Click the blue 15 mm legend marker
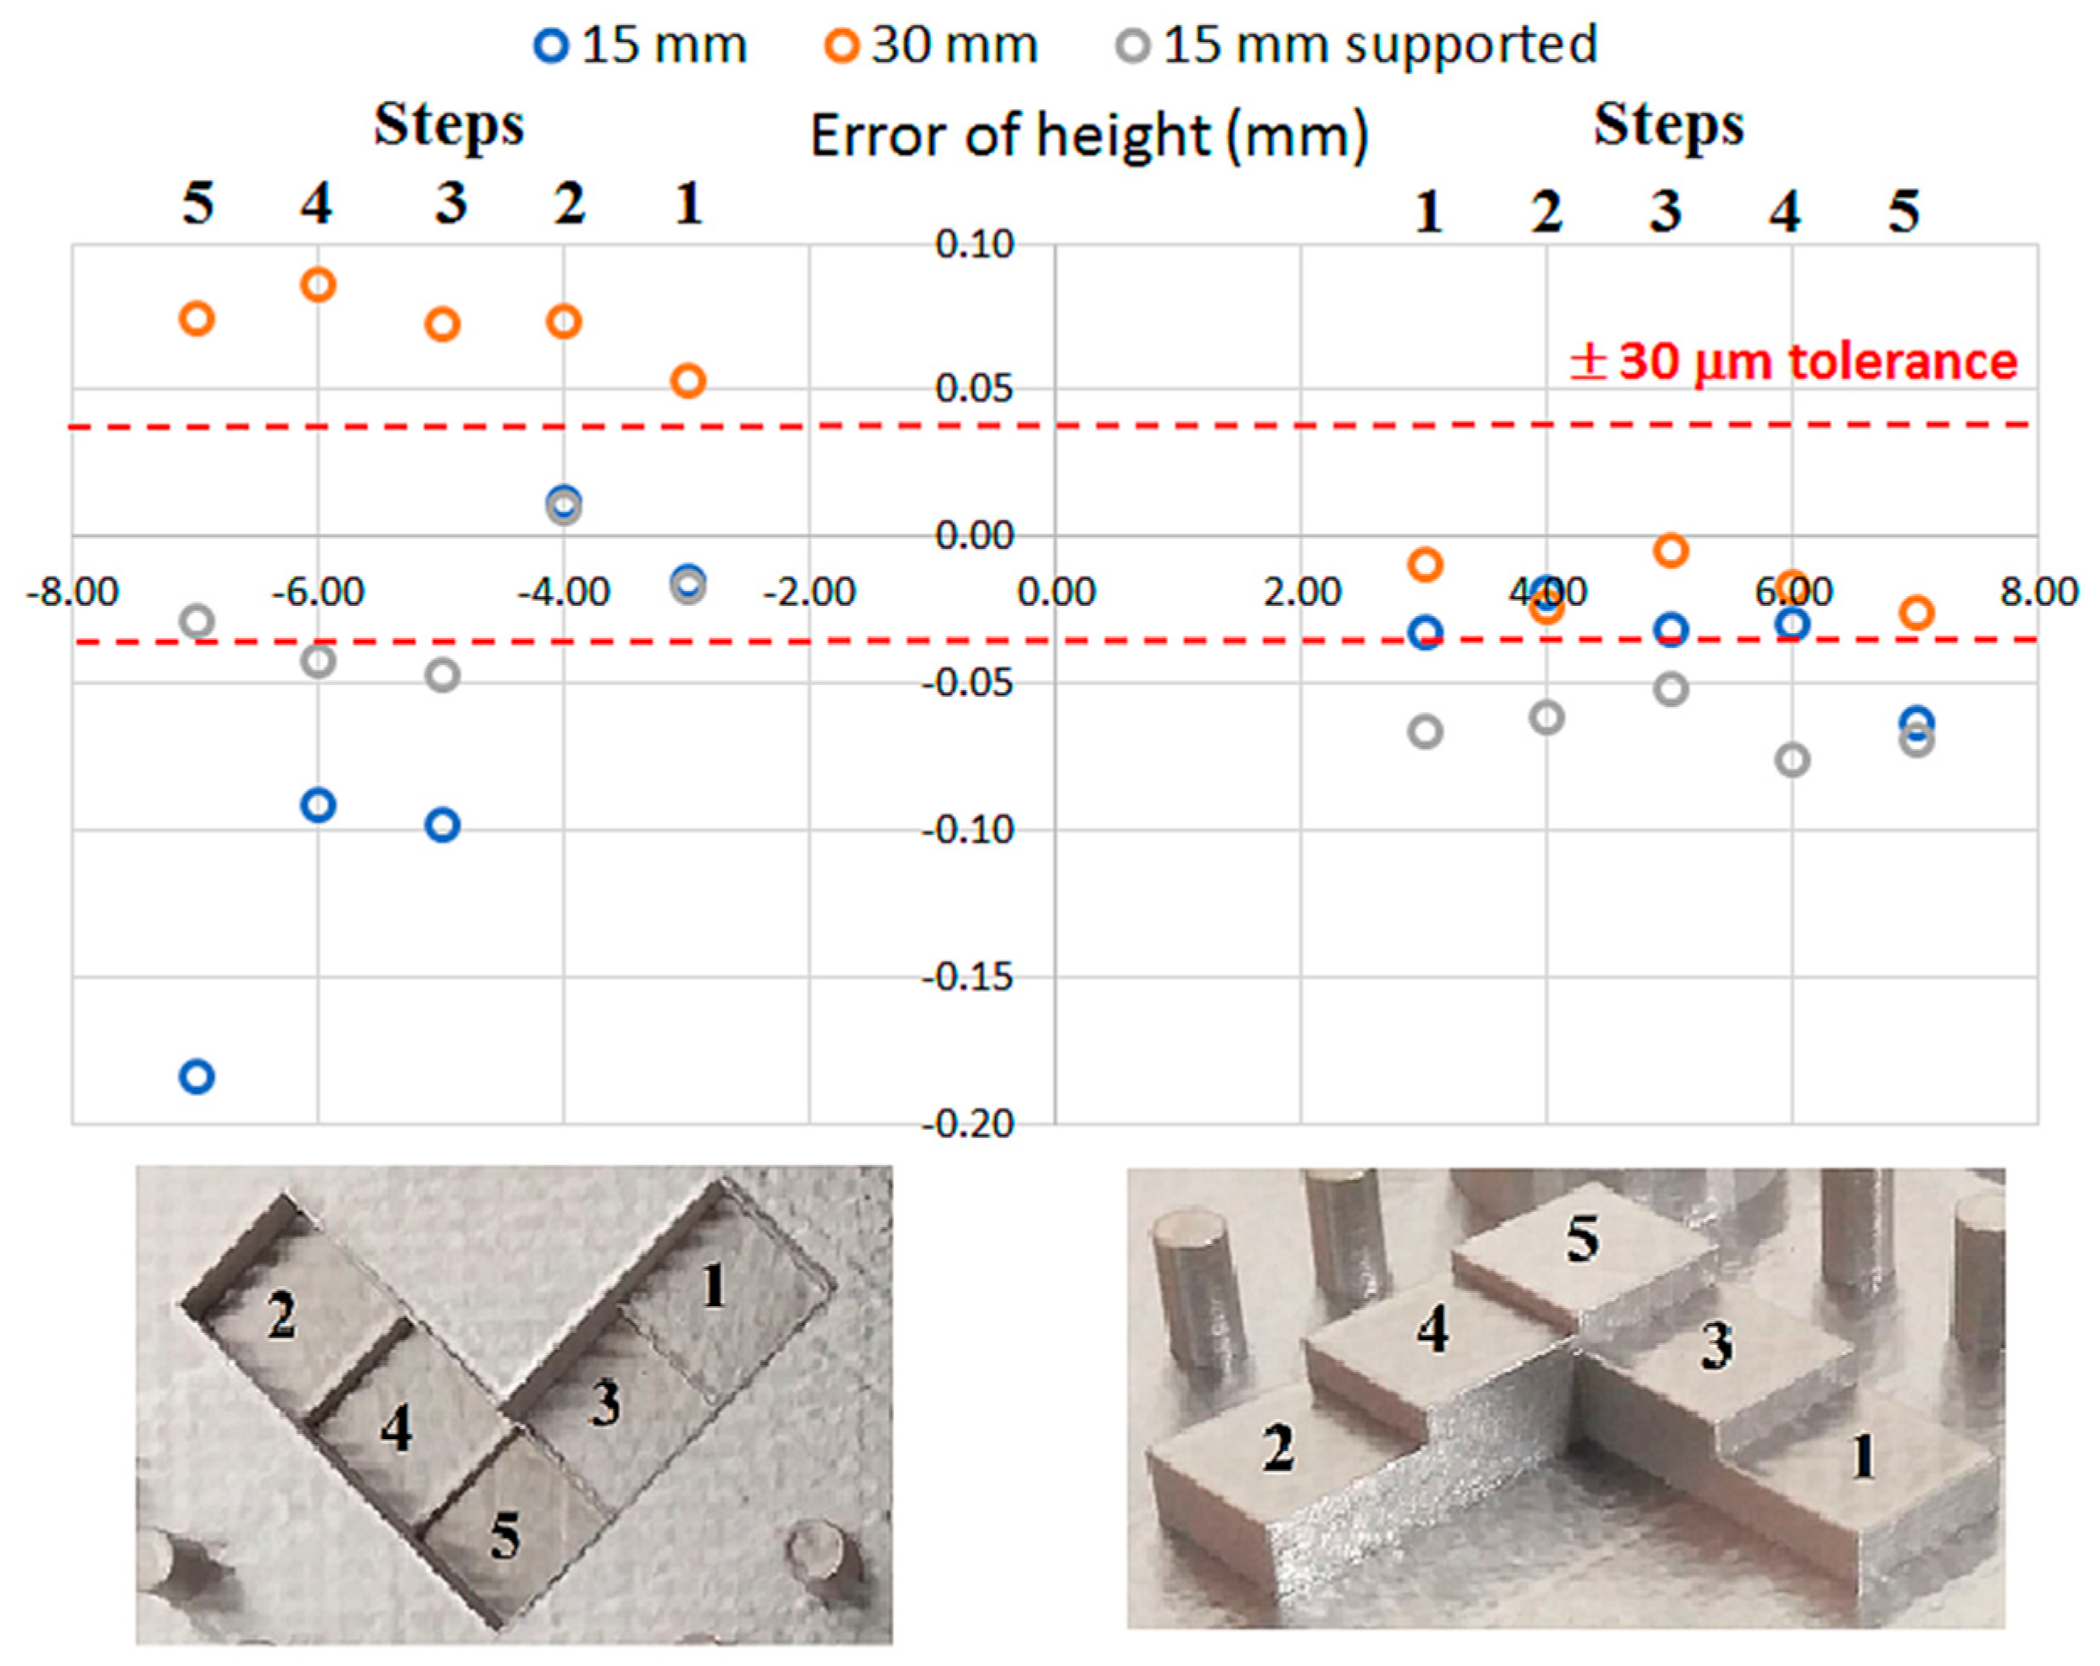pyautogui.click(x=551, y=45)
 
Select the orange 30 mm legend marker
pyautogui.click(x=841, y=45)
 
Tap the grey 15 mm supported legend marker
pyautogui.click(x=1133, y=45)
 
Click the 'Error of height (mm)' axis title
pyautogui.click(x=1089, y=135)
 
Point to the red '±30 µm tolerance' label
pyautogui.click(x=1793, y=361)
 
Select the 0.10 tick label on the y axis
pyautogui.click(x=975, y=245)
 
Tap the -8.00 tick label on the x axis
pyautogui.click(x=72, y=592)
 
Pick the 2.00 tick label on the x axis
pyautogui.click(x=1303, y=592)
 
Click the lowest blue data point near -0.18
pyautogui.click(x=197, y=1077)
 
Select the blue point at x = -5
pyautogui.click(x=443, y=825)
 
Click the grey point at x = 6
pyautogui.click(x=1792, y=760)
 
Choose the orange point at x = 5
pyautogui.click(x=1671, y=551)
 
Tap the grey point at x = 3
pyautogui.click(x=1426, y=731)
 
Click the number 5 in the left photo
pyautogui.click(x=504, y=1537)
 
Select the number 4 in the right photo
pyautogui.click(x=1432, y=1329)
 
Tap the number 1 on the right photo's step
pyautogui.click(x=1863, y=1458)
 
